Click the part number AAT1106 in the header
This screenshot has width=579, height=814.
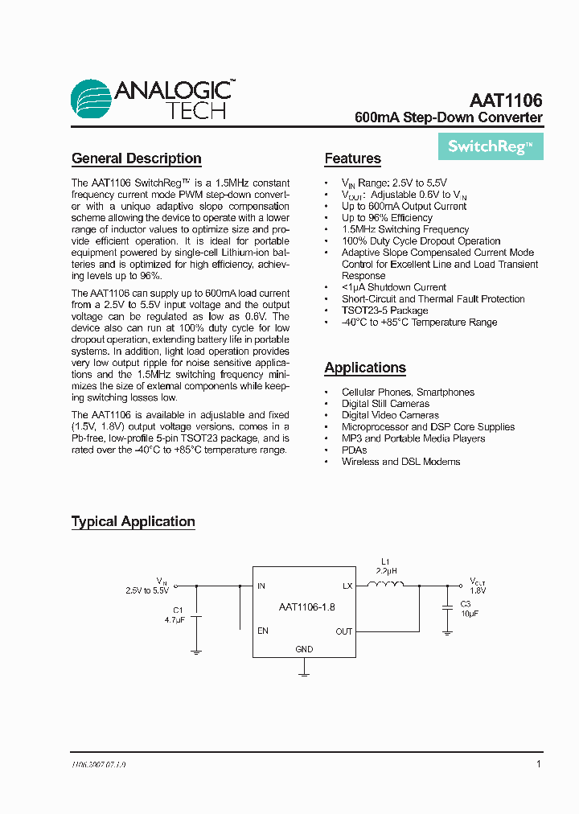click(x=506, y=101)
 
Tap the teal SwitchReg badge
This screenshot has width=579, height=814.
click(x=491, y=146)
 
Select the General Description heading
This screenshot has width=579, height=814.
click(x=136, y=158)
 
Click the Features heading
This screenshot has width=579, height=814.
click(x=352, y=158)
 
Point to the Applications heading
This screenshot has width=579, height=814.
click(x=365, y=368)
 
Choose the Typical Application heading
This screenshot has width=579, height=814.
click(x=133, y=521)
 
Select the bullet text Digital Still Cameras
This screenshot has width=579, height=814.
click(x=385, y=404)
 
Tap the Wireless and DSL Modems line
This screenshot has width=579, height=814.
click(x=400, y=462)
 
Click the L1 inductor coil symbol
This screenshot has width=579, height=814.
click(x=386, y=586)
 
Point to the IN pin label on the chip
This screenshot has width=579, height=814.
click(x=261, y=586)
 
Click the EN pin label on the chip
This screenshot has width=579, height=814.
click(x=263, y=631)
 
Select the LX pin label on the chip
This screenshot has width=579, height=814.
click(x=347, y=586)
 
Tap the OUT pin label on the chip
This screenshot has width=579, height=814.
click(x=344, y=631)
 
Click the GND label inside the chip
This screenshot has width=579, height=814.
click(x=304, y=649)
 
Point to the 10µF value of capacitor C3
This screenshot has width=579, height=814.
click(x=469, y=613)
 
